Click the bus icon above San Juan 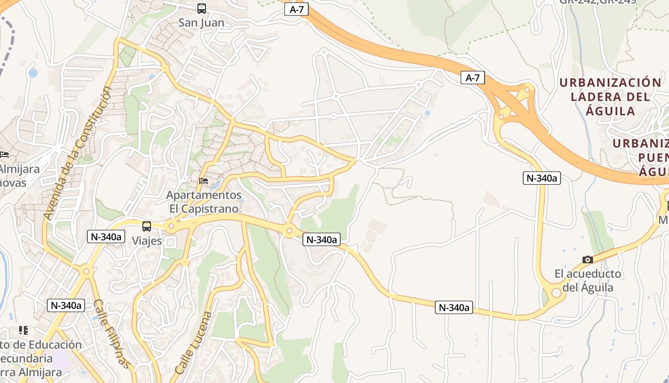pyautogui.click(x=202, y=9)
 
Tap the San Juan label pyautogui.click(x=201, y=23)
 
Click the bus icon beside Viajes pyautogui.click(x=147, y=226)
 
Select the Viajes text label pyautogui.click(x=147, y=241)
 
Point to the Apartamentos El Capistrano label pyautogui.click(x=204, y=202)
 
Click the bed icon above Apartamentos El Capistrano pyautogui.click(x=204, y=181)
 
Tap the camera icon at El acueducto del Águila pyautogui.click(x=588, y=259)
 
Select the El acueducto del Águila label pyautogui.click(x=588, y=281)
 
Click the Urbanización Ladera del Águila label pyautogui.click(x=610, y=97)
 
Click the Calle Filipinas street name pyautogui.click(x=111, y=334)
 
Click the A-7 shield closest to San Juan pyautogui.click(x=296, y=9)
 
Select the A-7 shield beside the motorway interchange pyautogui.click(x=473, y=78)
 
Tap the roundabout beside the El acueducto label pyautogui.click(x=556, y=293)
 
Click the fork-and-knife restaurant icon pyautogui.click(x=23, y=330)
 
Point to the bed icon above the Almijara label pyautogui.click(x=4, y=155)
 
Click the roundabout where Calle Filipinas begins pyautogui.click(x=86, y=271)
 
